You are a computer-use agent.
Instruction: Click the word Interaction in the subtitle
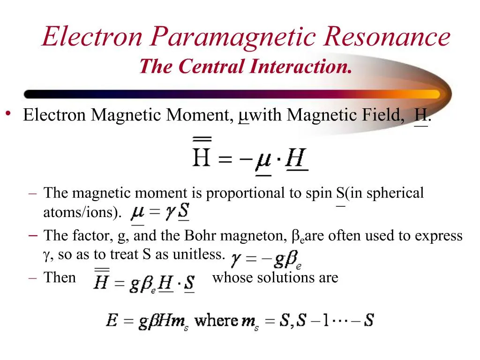click(x=300, y=66)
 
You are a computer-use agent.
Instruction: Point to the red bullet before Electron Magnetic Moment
click(x=8, y=113)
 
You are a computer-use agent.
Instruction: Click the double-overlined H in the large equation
click(x=202, y=157)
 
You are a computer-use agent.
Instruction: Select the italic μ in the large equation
click(x=263, y=159)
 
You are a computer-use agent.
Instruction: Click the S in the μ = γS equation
click(x=183, y=212)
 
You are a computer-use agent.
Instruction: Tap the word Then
click(x=60, y=277)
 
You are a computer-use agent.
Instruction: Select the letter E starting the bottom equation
click(x=112, y=321)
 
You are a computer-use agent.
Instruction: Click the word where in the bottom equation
click(x=216, y=321)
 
